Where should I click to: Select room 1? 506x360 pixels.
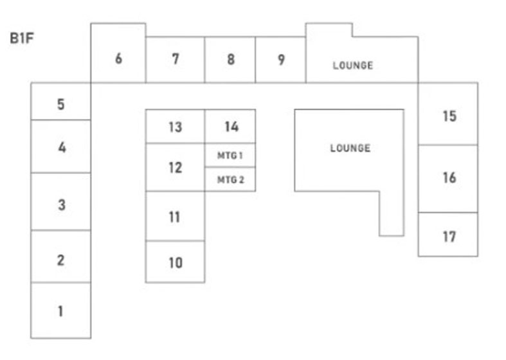(60, 311)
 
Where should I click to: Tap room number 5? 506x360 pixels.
(60, 104)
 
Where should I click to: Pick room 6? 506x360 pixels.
(118, 59)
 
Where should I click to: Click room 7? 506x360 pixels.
(175, 59)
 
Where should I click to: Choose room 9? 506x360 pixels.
(281, 59)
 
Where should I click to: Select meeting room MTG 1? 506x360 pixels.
(230, 155)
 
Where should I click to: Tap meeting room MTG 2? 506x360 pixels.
(230, 179)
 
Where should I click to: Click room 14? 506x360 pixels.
(231, 127)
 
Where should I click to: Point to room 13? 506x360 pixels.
(175, 127)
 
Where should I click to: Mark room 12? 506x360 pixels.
(175, 168)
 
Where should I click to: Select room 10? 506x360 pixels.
(175, 262)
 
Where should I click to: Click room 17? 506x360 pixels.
(449, 236)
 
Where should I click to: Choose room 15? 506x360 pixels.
(449, 116)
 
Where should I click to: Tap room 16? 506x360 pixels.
(449, 177)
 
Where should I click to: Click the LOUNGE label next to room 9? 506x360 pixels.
(352, 65)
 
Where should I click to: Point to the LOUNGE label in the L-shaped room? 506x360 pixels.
(350, 148)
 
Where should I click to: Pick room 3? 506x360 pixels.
(61, 205)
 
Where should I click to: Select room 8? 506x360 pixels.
(230, 59)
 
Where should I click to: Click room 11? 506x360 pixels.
(175, 217)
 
